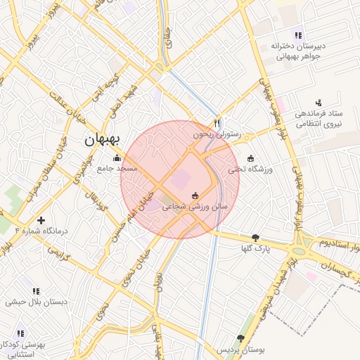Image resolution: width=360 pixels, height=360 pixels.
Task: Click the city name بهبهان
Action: point(103,139)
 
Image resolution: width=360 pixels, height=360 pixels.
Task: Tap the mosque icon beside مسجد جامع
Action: point(117,158)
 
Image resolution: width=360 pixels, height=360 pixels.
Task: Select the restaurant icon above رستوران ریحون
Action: point(218,122)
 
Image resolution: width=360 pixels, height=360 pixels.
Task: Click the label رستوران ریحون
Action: point(218,133)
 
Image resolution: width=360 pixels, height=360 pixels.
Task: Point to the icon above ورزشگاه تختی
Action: point(251,158)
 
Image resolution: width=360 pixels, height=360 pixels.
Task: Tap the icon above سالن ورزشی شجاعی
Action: point(195,196)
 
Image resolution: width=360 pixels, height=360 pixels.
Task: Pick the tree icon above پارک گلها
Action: point(255,238)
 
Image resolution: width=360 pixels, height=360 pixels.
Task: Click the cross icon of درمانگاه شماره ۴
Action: point(41,220)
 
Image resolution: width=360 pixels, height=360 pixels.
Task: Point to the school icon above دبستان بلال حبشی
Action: point(35,290)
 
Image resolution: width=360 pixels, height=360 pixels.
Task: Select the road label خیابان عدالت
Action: point(53,113)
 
